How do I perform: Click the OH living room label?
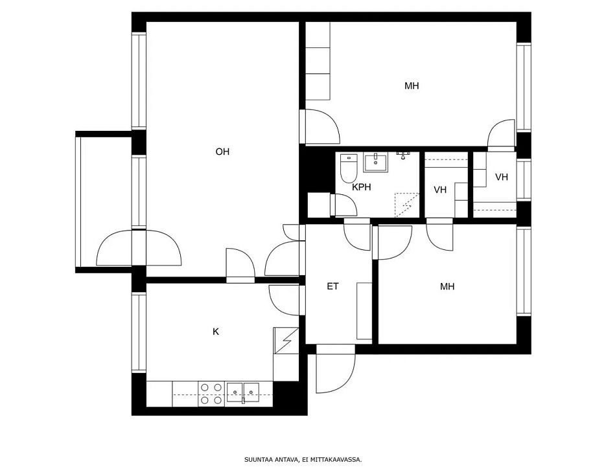click(222, 152)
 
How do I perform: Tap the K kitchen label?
click(216, 332)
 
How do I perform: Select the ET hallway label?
click(332, 286)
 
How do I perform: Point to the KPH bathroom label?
click(361, 187)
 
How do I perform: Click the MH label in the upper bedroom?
click(412, 85)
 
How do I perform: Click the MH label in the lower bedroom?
click(447, 286)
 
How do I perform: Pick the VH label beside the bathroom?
click(440, 190)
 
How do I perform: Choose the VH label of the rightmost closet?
click(501, 177)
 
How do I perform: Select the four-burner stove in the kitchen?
click(210, 394)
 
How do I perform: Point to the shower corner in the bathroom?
click(407, 205)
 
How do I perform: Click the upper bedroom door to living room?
click(321, 127)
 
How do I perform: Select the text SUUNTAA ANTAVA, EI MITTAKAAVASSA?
click(303, 460)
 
